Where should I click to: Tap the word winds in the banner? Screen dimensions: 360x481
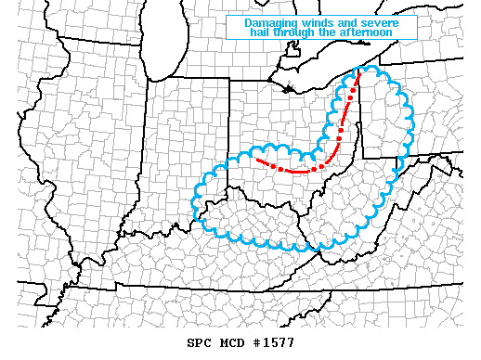(x=317, y=22)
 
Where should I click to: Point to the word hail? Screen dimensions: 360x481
(x=264, y=32)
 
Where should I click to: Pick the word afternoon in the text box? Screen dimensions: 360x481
(x=367, y=32)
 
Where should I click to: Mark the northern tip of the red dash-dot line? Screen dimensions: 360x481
(x=358, y=71)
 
